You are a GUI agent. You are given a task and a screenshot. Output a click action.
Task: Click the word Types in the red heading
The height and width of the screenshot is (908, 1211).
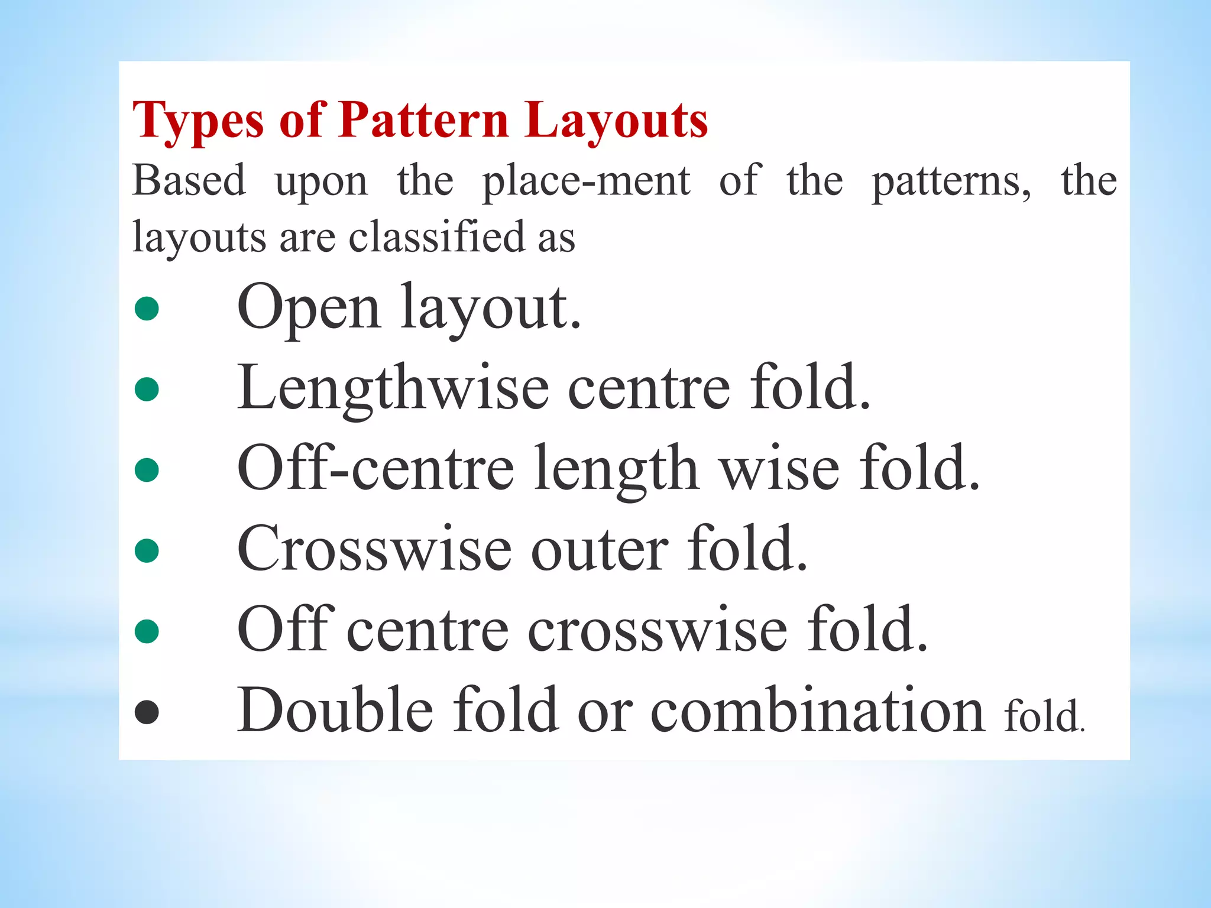coord(197,121)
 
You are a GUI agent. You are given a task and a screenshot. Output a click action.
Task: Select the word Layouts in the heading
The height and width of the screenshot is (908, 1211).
coord(616,121)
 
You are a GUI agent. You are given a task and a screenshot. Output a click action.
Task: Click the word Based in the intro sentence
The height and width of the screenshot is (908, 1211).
coord(189,180)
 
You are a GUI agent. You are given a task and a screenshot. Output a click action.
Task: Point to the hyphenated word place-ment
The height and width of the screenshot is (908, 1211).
coord(586,181)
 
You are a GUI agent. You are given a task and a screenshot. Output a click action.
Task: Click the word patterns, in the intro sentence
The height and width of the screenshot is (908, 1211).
coord(951,181)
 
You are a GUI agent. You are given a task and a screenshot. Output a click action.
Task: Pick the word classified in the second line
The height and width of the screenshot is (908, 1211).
coord(437,237)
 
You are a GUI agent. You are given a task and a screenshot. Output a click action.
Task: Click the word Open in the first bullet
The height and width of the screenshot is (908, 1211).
coord(308,307)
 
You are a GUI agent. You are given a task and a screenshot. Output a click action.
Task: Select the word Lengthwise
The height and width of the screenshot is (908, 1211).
coord(393,388)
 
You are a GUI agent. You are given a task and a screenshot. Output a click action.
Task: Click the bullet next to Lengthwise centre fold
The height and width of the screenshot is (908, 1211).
coord(147,390)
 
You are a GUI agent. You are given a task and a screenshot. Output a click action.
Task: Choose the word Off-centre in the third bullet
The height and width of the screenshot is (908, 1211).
coord(375,469)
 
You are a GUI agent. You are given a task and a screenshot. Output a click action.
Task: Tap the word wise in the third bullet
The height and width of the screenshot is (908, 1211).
coord(779,469)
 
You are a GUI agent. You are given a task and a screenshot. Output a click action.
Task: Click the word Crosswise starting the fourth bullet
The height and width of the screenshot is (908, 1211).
coord(374,550)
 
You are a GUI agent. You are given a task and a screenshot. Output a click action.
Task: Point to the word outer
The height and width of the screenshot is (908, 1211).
coord(600,550)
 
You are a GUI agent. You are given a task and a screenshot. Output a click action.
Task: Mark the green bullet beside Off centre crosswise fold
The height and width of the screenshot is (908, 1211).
coord(147,631)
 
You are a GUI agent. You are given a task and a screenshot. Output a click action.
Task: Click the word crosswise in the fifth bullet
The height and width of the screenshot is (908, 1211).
coord(657,631)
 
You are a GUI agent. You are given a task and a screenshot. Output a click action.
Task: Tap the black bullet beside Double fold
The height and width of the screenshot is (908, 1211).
coord(147,712)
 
